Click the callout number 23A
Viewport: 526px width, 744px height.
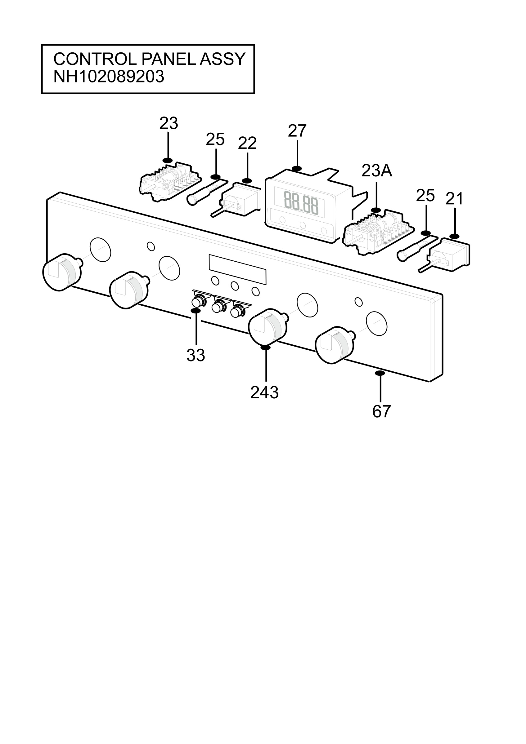pyautogui.click(x=376, y=171)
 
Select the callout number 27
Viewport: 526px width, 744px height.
pyautogui.click(x=297, y=131)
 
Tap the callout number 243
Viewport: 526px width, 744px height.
pyautogui.click(x=264, y=393)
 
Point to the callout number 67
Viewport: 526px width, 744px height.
pyautogui.click(x=381, y=412)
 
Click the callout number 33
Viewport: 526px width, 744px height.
pyautogui.click(x=196, y=356)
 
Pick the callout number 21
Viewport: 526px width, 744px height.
pyautogui.click(x=454, y=199)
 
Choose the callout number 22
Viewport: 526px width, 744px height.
pyautogui.click(x=247, y=143)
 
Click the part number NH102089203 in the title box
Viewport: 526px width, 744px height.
pyautogui.click(x=109, y=77)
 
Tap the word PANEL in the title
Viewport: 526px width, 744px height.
pyautogui.click(x=169, y=59)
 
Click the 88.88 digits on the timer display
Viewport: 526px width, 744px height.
pyautogui.click(x=301, y=203)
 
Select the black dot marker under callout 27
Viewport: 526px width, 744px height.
pyautogui.click(x=297, y=169)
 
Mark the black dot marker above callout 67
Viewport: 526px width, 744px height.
pyautogui.click(x=380, y=373)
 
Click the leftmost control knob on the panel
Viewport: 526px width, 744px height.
pyautogui.click(x=62, y=272)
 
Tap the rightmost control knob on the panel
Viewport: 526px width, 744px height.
pyautogui.click(x=335, y=345)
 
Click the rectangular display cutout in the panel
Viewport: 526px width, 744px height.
pyautogui.click(x=238, y=269)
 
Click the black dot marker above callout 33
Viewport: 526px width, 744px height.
pyautogui.click(x=196, y=311)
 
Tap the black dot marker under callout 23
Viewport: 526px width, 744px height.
pyautogui.click(x=168, y=160)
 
